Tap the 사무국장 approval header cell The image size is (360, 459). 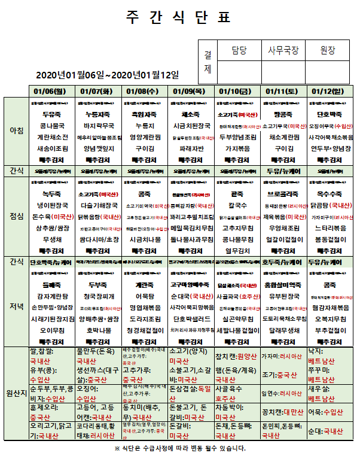tap(283, 50)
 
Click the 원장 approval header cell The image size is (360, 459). tap(328, 50)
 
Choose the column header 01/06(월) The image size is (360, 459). tap(51, 91)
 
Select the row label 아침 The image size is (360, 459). tap(16, 130)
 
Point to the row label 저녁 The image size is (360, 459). tap(16, 306)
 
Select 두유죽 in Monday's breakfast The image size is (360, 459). tap(51, 114)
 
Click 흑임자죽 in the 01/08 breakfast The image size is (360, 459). tap(144, 114)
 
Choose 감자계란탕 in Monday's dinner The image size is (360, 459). tap(51, 297)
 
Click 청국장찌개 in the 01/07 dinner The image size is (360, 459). tap(97, 297)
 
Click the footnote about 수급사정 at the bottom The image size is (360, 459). tap(179, 448)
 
